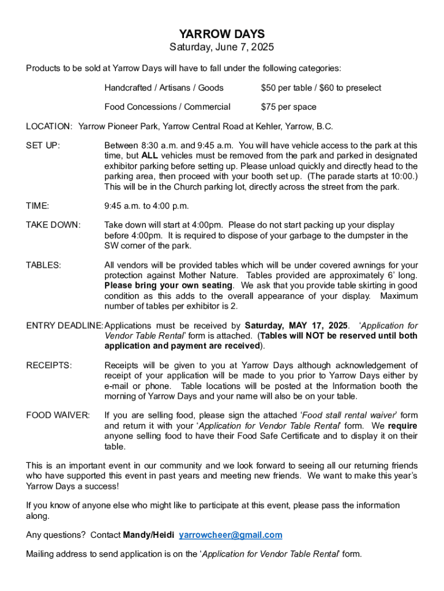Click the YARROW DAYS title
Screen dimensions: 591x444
(x=221, y=35)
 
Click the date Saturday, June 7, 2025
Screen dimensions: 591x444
(x=221, y=47)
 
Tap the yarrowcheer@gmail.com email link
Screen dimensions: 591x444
(x=231, y=535)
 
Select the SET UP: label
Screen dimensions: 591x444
(x=43, y=145)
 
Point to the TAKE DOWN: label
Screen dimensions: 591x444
(x=54, y=225)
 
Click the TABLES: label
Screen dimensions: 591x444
(x=44, y=265)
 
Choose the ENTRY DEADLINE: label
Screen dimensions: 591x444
(x=65, y=326)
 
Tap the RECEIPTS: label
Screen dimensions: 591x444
(x=49, y=365)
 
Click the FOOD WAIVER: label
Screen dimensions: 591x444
(x=58, y=415)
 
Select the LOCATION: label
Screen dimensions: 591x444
(x=49, y=126)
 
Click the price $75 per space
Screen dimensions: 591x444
(x=288, y=107)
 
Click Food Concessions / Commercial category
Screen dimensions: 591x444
(x=167, y=107)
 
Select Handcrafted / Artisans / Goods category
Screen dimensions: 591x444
(x=164, y=88)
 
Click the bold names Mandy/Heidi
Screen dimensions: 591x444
(x=149, y=535)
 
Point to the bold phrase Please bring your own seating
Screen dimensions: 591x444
(x=168, y=286)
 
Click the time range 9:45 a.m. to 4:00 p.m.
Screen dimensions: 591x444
(x=146, y=206)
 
